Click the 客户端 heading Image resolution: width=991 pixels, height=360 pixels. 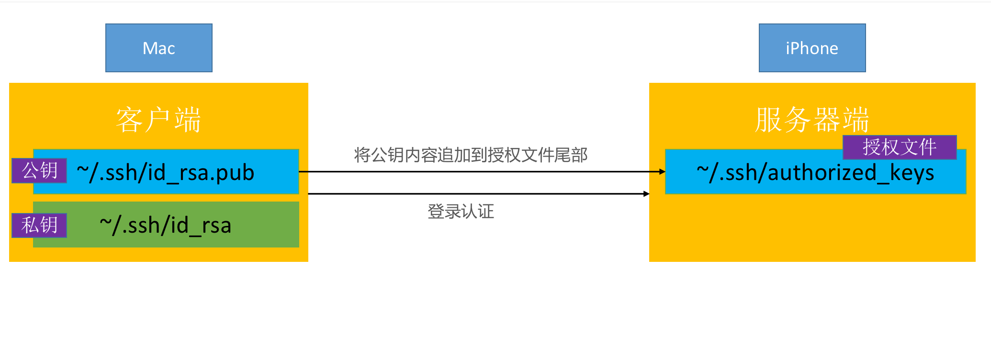(x=158, y=120)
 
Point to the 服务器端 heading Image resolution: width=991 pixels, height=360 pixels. (x=812, y=120)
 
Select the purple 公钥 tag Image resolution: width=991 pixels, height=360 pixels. (x=39, y=170)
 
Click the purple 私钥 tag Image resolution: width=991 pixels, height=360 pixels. (x=39, y=225)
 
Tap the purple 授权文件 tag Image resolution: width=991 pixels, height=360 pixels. (x=900, y=147)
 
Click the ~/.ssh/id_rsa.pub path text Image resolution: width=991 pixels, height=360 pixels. (x=165, y=173)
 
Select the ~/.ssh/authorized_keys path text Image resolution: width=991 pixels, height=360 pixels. (x=815, y=173)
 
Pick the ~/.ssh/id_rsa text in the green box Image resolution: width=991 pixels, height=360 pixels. (x=165, y=225)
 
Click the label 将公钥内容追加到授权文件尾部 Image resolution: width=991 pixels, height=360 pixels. (x=471, y=155)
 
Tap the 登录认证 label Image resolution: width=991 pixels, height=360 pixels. (x=461, y=211)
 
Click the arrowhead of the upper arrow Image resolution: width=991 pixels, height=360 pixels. (x=663, y=171)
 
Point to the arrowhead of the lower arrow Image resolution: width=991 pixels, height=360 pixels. (x=647, y=194)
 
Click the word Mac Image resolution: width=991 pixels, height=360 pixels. (x=158, y=48)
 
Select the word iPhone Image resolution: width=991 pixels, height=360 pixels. (x=812, y=48)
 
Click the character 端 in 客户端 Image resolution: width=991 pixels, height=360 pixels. (x=188, y=120)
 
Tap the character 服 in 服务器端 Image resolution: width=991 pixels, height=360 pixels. (x=768, y=120)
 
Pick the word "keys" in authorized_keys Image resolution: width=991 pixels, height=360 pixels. (x=912, y=174)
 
